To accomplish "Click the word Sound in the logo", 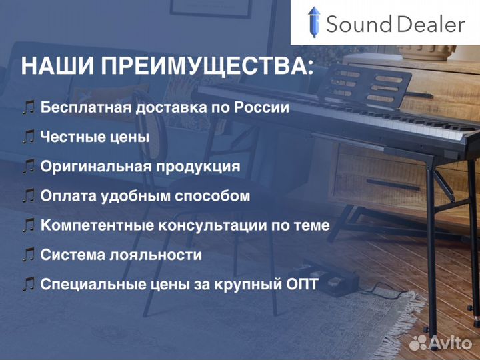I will coord(358,25).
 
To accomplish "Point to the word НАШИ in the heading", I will coord(59,67).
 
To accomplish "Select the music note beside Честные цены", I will coord(28,137).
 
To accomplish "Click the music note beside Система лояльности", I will coord(28,255).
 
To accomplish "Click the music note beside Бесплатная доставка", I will coord(28,107).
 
